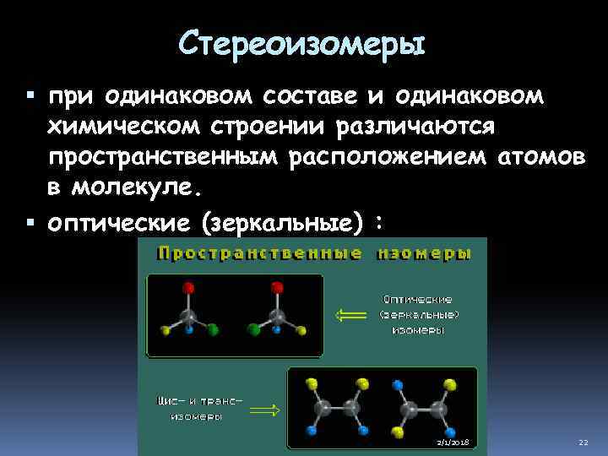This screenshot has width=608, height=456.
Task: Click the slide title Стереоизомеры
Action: [x=303, y=40]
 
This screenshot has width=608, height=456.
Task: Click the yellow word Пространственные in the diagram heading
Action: [x=261, y=253]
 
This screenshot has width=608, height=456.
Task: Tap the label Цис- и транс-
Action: [x=199, y=399]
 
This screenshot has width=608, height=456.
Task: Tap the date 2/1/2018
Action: [x=453, y=442]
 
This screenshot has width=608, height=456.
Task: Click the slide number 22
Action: [x=583, y=442]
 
